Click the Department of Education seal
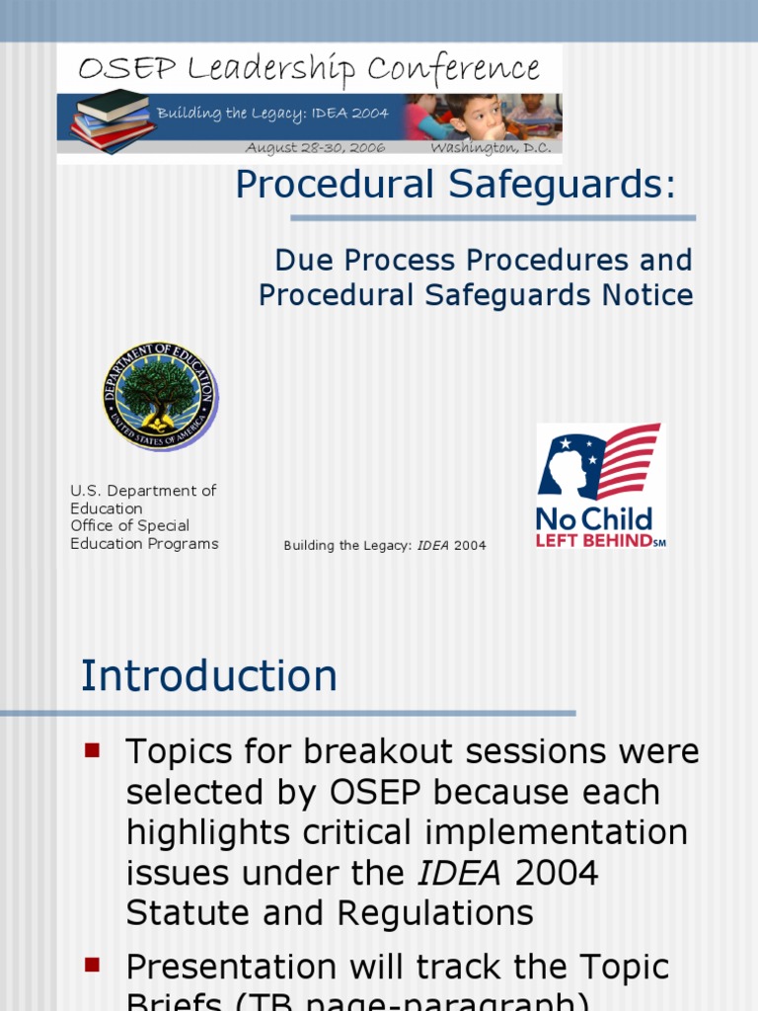tap(160, 396)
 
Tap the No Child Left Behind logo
tap(600, 486)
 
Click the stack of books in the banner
tap(112, 119)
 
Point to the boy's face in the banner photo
tap(483, 117)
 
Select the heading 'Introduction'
tap(208, 676)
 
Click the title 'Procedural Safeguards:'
tap(455, 185)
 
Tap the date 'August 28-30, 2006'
tap(315, 148)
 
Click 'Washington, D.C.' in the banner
tap(491, 148)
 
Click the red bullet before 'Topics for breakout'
tap(94, 750)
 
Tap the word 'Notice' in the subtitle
tap(646, 295)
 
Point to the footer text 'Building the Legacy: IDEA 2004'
tap(385, 545)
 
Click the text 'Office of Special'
tap(129, 525)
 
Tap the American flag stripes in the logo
tap(629, 459)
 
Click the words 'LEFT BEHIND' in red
tap(593, 540)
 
